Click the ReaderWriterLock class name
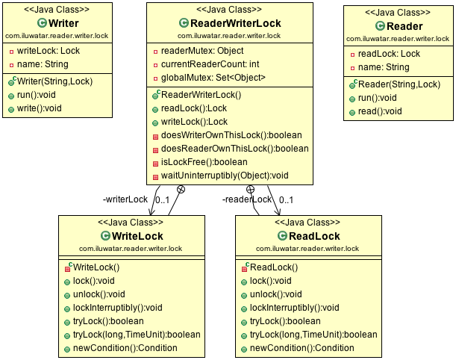point(236,24)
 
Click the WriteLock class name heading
point(121,236)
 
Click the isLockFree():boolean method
point(204,162)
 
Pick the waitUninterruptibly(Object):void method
point(225,176)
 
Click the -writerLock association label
point(125,199)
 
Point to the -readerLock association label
point(247,199)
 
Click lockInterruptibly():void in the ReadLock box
point(294,308)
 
